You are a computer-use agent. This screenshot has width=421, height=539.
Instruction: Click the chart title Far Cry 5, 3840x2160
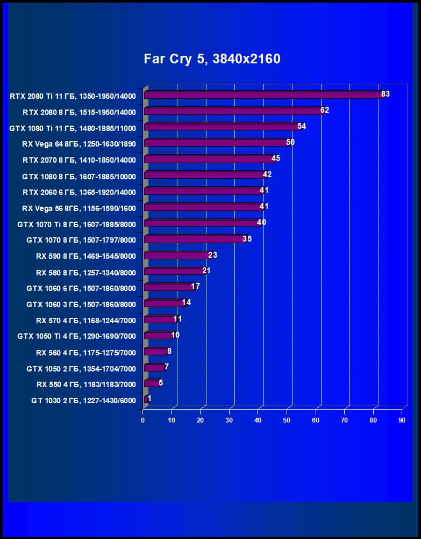pyautogui.click(x=212, y=59)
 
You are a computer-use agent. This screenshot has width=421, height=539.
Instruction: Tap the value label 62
pyautogui.click(x=324, y=110)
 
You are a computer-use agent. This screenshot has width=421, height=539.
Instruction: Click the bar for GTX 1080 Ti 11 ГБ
pyautogui.click(x=221, y=127)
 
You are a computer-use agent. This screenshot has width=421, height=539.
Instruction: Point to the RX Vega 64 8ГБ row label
pyautogui.click(x=79, y=144)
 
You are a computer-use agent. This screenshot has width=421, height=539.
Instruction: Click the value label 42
pyautogui.click(x=267, y=174)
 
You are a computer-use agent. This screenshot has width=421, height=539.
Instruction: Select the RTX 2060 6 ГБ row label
pyautogui.click(x=79, y=192)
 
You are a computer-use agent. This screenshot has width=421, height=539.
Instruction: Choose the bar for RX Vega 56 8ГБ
pyautogui.click(x=202, y=207)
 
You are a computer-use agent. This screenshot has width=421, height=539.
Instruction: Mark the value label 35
pyautogui.click(x=247, y=238)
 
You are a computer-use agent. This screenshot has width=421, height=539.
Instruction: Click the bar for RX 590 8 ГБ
pyautogui.click(x=176, y=255)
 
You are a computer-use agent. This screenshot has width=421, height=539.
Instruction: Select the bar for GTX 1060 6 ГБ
pyautogui.click(x=168, y=287)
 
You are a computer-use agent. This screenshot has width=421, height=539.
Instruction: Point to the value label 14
pyautogui.click(x=187, y=302)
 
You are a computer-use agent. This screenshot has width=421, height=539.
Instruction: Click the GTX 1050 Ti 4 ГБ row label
pyautogui.click(x=76, y=336)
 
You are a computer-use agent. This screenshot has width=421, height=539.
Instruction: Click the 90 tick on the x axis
pyautogui.click(x=402, y=420)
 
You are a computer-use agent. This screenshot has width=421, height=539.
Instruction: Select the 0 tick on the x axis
pyautogui.click(x=143, y=420)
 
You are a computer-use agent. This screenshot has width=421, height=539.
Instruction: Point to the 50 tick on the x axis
pyautogui.click(x=287, y=420)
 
